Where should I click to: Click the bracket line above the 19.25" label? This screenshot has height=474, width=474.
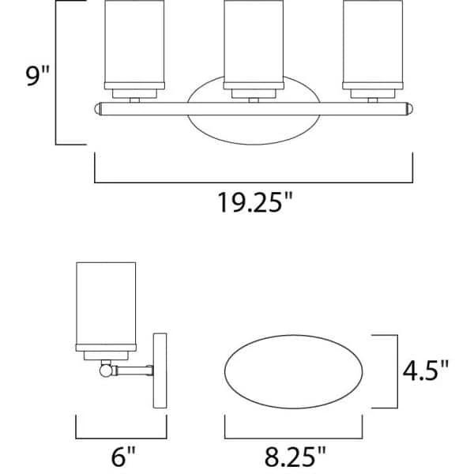coord(254,182)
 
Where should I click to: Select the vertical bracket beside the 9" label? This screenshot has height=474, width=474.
coord(57,73)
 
